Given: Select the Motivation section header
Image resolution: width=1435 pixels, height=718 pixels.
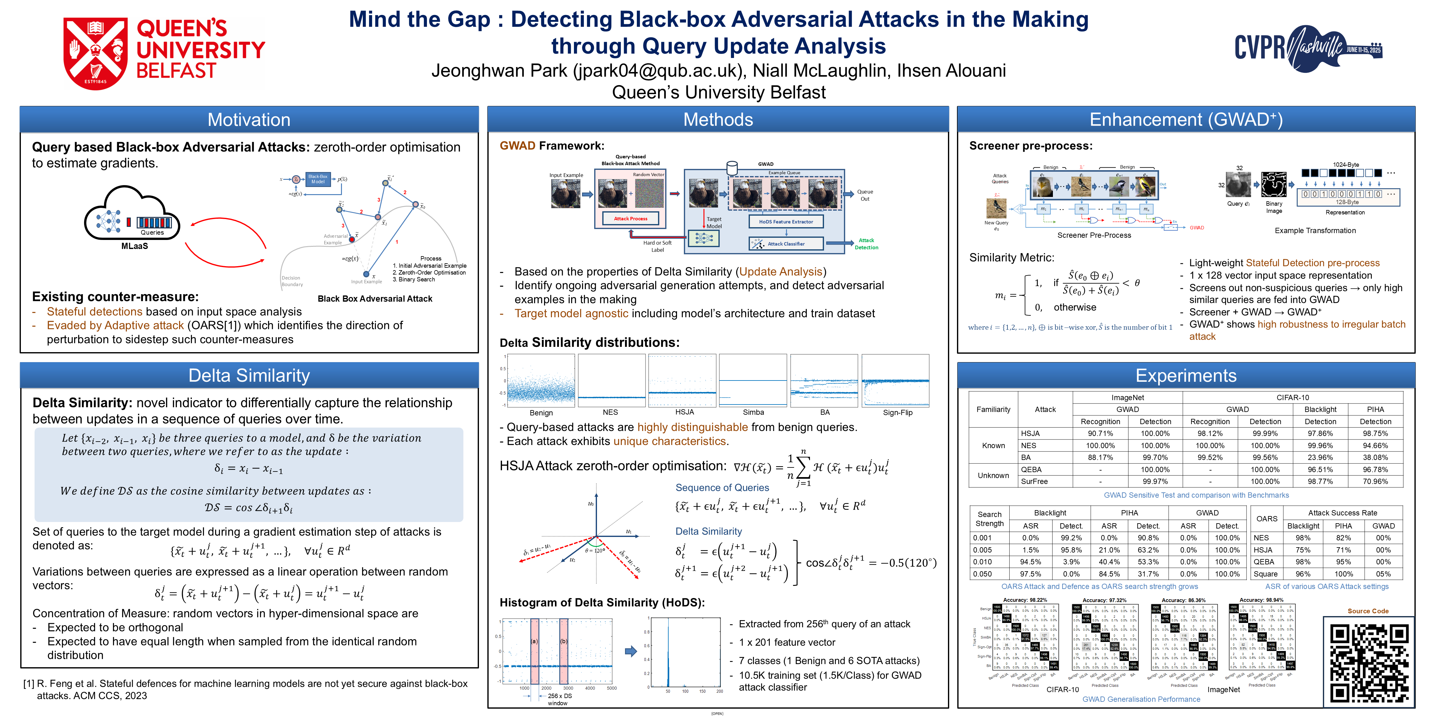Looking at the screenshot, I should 249,120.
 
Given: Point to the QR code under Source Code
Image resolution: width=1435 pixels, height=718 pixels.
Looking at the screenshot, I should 1369,662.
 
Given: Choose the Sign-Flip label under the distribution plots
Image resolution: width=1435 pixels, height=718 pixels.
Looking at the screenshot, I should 897,413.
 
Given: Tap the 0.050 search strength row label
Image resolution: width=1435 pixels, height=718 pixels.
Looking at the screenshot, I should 983,574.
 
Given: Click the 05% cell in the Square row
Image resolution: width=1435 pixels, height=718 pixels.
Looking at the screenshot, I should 1383,574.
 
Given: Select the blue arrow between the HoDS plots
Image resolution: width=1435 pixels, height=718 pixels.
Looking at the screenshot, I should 631,651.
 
